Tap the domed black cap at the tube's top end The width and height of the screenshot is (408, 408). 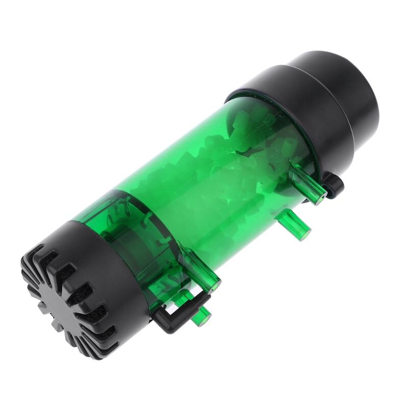point(342,87)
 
